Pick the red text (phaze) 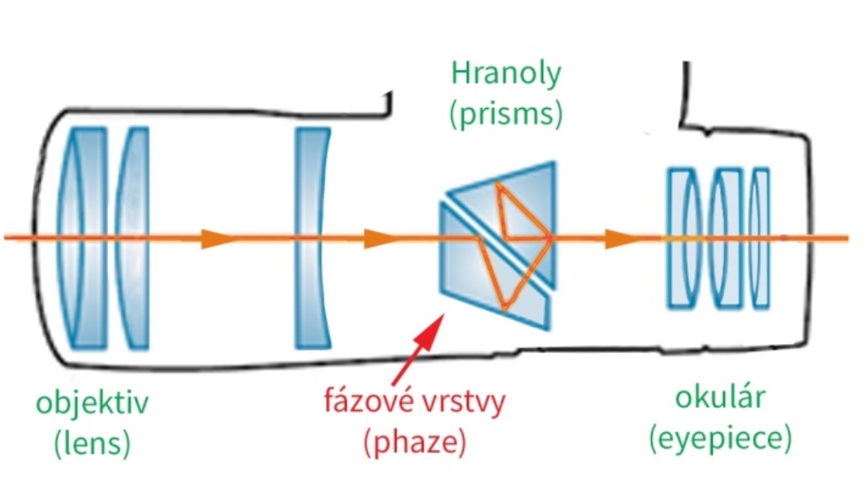[415, 440]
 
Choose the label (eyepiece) [722, 438]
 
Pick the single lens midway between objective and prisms [312, 238]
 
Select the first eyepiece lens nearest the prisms [682, 238]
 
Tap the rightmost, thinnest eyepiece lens [761, 238]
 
